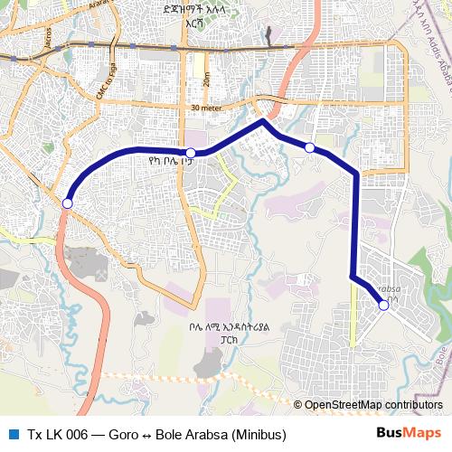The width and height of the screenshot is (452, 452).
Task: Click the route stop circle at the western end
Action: click(x=67, y=204)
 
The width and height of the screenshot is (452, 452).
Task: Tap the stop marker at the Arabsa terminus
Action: click(x=383, y=306)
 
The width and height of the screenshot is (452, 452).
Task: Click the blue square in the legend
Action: click(x=13, y=434)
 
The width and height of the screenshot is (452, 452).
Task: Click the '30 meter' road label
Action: click(x=208, y=108)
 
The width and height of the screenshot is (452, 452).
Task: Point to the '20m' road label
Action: click(x=207, y=80)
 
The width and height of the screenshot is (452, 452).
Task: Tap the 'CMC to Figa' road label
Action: click(x=107, y=82)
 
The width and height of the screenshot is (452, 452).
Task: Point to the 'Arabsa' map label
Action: click(x=385, y=289)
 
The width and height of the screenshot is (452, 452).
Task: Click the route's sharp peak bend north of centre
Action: click(x=263, y=120)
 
